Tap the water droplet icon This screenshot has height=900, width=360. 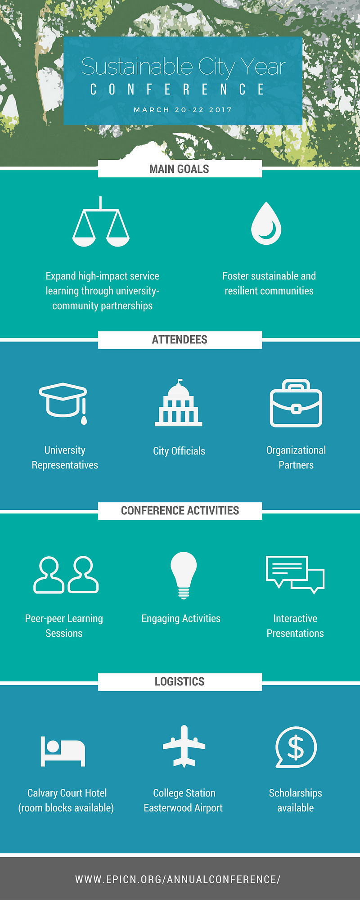(266, 223)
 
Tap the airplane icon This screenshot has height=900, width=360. (184, 746)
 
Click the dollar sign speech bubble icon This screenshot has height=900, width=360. (296, 747)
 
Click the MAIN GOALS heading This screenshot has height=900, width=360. (179, 169)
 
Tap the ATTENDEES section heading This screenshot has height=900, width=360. (180, 340)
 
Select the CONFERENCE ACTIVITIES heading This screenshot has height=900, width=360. (180, 511)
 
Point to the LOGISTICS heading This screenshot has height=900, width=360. (180, 682)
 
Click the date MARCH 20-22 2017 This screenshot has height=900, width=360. (183, 110)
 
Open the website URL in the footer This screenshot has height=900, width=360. (178, 879)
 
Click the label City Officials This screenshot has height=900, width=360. (179, 451)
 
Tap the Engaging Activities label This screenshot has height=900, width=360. (181, 619)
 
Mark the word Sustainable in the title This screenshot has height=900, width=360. (137, 67)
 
